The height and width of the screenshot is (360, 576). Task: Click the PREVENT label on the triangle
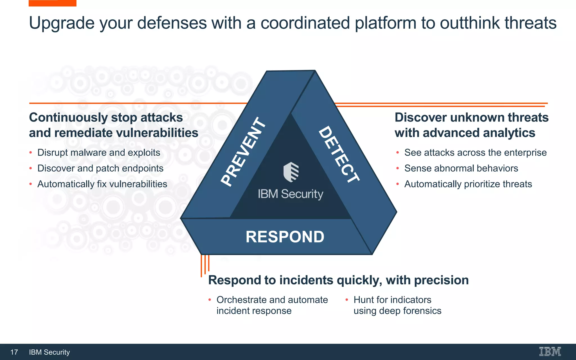[244, 152]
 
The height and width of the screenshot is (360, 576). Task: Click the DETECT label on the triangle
[339, 154]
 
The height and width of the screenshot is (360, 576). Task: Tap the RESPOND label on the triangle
[285, 237]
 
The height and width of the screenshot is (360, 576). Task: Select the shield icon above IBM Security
[291, 172]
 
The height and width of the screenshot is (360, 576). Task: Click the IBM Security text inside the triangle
[291, 194]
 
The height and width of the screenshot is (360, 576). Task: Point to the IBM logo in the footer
[550, 352]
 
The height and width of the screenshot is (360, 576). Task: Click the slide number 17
[14, 352]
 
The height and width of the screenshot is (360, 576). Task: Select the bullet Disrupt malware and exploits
[99, 153]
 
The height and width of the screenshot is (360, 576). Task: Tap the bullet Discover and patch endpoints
[100, 168]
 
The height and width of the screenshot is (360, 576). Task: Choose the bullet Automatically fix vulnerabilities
[102, 184]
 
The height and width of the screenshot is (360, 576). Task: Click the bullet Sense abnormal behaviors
[461, 168]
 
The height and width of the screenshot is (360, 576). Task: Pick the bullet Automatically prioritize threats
[468, 184]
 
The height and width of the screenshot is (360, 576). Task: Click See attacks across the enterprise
[475, 153]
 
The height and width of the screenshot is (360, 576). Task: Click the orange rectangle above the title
[53, 3]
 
